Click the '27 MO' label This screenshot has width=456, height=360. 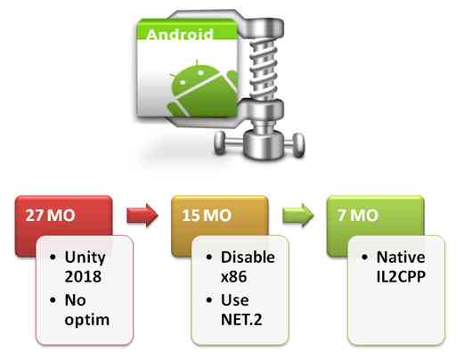point(50,215)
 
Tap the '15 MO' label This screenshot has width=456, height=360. point(207,215)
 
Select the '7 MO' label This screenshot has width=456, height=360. point(358,215)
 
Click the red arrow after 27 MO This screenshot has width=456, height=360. point(142,216)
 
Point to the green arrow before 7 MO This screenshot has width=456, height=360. point(298,216)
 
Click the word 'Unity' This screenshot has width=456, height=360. point(85,258)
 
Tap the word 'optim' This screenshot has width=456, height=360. point(87,321)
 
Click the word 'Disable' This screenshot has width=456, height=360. point(248,258)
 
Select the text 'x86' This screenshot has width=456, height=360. point(234,277)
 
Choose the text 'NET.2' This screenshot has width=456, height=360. point(241,320)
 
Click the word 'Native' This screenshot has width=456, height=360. point(401,258)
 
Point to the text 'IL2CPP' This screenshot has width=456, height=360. point(401,276)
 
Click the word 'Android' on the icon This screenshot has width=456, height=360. point(180,35)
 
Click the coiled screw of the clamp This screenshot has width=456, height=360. point(264,70)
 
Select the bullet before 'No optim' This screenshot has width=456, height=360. point(53,300)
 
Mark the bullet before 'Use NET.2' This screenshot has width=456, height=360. point(209,300)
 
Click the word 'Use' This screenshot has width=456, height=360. point(235,300)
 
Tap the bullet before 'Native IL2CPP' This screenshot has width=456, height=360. point(365,257)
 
